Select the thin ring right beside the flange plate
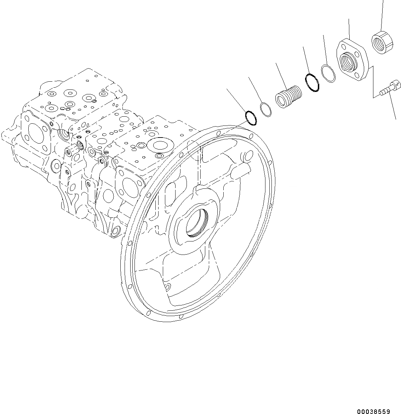tap(328, 74)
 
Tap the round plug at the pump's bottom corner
tap(116, 232)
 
